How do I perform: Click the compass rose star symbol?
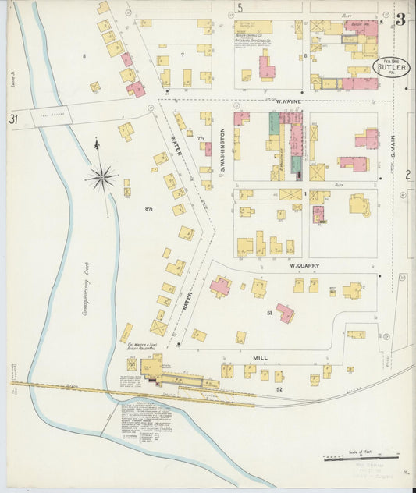[x=101, y=178]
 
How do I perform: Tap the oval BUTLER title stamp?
[x=391, y=68]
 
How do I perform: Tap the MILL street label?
[x=260, y=359]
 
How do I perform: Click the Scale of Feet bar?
[x=361, y=458]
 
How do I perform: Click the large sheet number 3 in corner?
[x=400, y=20]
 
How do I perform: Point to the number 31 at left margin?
[x=13, y=119]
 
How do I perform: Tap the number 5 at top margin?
[x=240, y=8]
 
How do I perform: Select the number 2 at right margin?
[x=407, y=175]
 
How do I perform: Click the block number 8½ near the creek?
[x=148, y=207]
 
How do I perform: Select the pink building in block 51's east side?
[x=285, y=314]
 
